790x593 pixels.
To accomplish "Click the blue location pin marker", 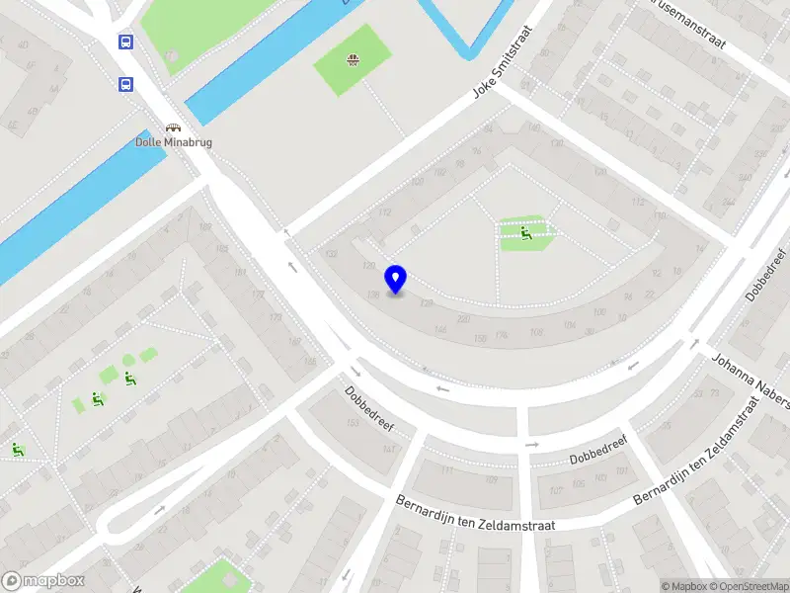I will (x=396, y=279).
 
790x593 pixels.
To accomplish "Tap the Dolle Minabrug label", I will (x=174, y=142).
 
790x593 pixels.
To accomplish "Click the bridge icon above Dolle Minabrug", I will (x=174, y=127).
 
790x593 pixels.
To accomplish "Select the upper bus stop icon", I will (x=125, y=42).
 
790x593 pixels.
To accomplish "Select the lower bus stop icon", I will (x=125, y=84).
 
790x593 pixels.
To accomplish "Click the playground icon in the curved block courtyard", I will (x=526, y=233).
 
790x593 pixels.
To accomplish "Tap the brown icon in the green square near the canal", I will (x=353, y=60).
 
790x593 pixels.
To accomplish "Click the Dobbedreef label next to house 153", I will (x=369, y=408).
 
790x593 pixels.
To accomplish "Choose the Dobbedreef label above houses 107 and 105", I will (x=598, y=452).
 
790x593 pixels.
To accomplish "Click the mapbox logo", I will (x=42, y=581).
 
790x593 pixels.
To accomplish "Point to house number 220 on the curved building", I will (x=463, y=319).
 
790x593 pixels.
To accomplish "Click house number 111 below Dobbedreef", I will (x=446, y=470).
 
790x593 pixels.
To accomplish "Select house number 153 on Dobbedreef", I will (x=352, y=423).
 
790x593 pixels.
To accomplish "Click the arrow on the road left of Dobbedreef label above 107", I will (x=532, y=445).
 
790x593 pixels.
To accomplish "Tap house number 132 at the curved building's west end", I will (x=332, y=254).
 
